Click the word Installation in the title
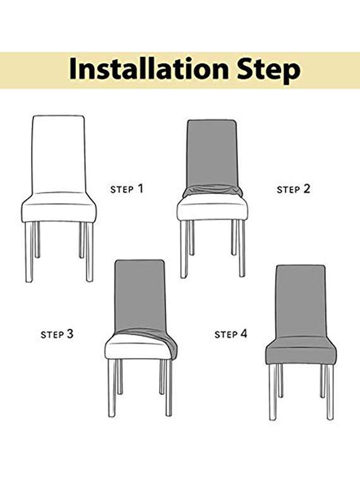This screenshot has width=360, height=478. pyautogui.click(x=145, y=69)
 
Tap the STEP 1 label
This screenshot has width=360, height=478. pyautogui.click(x=127, y=188)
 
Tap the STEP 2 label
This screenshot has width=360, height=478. pyautogui.click(x=294, y=189)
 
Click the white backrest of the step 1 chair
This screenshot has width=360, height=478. pyautogui.click(x=59, y=152)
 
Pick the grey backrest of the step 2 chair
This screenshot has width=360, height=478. pyautogui.click(x=212, y=152)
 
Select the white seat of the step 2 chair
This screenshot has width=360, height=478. pyautogui.click(x=212, y=208)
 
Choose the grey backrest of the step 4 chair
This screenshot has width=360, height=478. pyautogui.click(x=301, y=300)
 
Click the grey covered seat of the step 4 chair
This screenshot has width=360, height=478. pyautogui.click(x=301, y=351)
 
